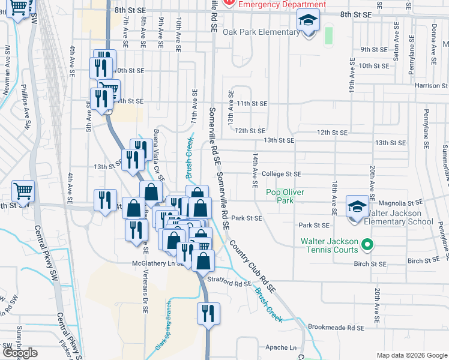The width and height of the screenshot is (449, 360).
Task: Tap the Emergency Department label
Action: coord(283,4)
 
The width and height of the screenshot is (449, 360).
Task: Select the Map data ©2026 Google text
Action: coord(411,355)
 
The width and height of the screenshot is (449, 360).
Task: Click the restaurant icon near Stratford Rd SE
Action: coord(208,314)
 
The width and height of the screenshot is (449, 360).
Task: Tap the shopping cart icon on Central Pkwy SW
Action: coord(23,193)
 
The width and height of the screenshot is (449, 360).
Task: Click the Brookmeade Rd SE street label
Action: coord(336,328)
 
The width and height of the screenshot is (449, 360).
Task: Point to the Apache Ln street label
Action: coord(281,347)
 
